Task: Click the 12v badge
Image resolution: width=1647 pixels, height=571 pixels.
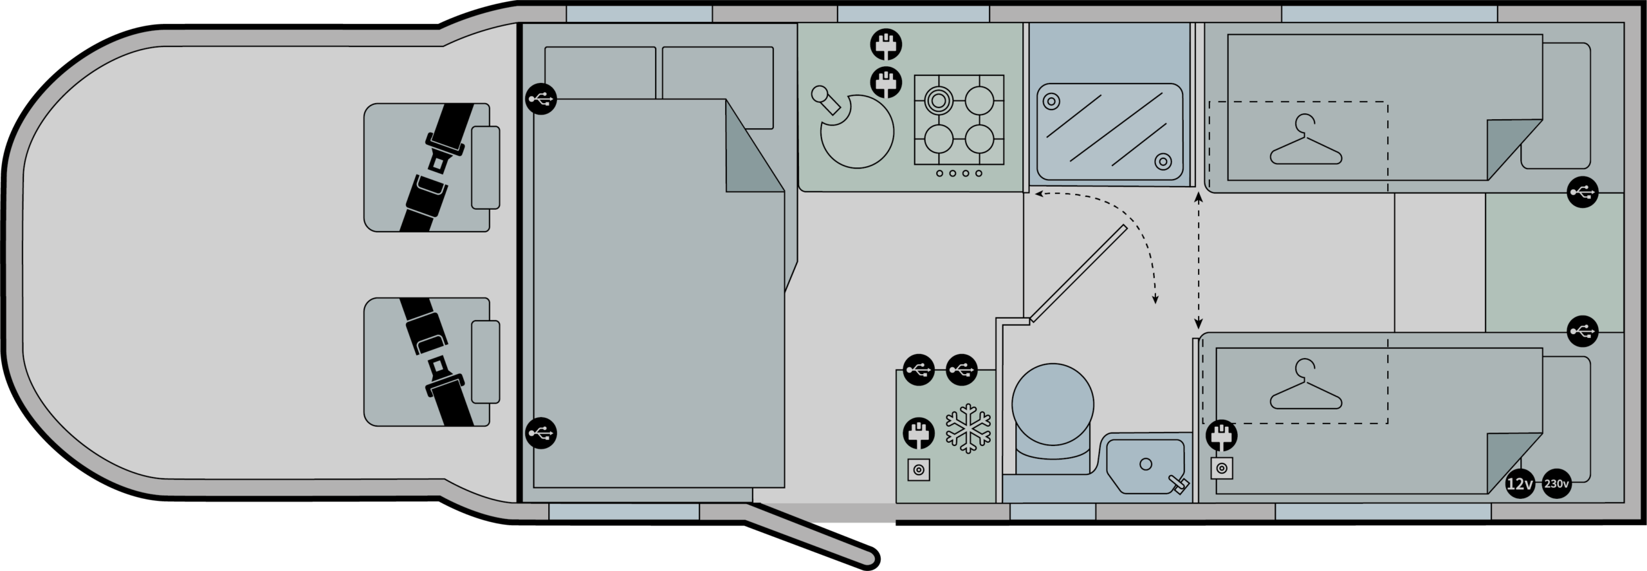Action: click(1520, 483)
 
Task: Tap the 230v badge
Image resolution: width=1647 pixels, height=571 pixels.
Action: click(1556, 483)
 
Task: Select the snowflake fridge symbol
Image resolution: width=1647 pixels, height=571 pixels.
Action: click(968, 428)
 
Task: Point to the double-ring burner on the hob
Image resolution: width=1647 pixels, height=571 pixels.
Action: click(939, 100)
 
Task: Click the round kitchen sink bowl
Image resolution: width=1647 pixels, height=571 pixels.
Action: click(857, 131)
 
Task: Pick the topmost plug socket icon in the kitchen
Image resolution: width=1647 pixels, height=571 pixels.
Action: click(886, 45)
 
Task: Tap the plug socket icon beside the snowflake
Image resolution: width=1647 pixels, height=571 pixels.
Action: click(919, 434)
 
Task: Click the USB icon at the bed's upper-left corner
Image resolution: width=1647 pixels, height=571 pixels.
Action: click(541, 99)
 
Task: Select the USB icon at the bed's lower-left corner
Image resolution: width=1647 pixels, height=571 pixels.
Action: click(541, 433)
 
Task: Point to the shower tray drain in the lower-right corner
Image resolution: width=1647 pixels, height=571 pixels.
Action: click(1163, 162)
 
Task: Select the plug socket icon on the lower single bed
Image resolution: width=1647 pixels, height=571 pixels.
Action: click(1221, 435)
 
